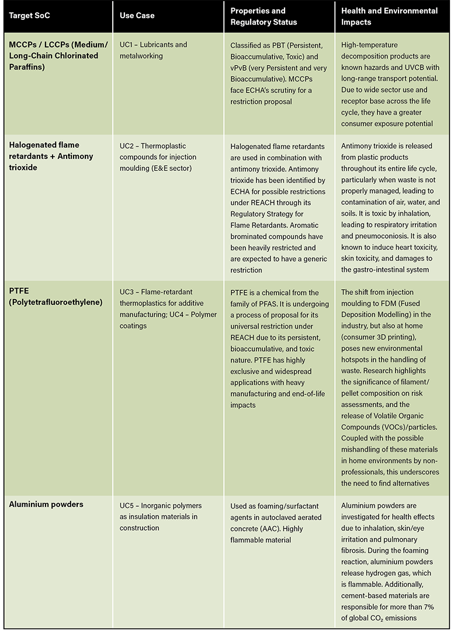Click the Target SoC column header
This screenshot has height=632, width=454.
27,16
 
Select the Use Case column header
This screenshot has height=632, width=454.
138,16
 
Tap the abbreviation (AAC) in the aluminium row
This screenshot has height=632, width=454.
279,528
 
